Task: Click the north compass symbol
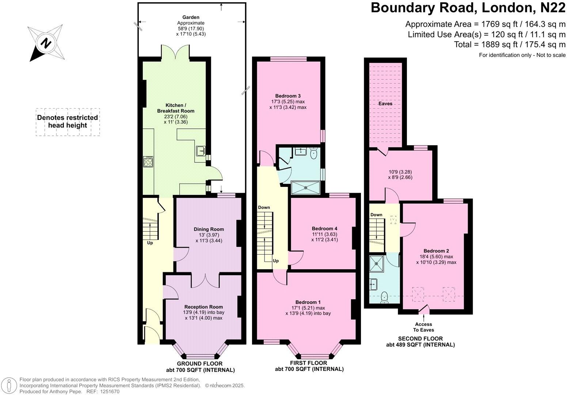click(x=46, y=43)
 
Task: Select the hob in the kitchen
click(x=148, y=161)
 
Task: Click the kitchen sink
click(x=201, y=151)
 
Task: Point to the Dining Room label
click(x=209, y=229)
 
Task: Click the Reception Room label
click(x=203, y=307)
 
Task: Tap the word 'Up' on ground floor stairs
click(x=150, y=243)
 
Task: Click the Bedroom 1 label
click(x=308, y=302)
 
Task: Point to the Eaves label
click(x=385, y=104)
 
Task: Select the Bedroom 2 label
click(x=436, y=251)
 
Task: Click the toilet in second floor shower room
click(x=384, y=297)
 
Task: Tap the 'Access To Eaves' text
click(x=424, y=327)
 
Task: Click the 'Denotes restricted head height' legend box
click(x=68, y=122)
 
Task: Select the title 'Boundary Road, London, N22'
click(x=468, y=8)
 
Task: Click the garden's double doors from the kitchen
click(x=175, y=52)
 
